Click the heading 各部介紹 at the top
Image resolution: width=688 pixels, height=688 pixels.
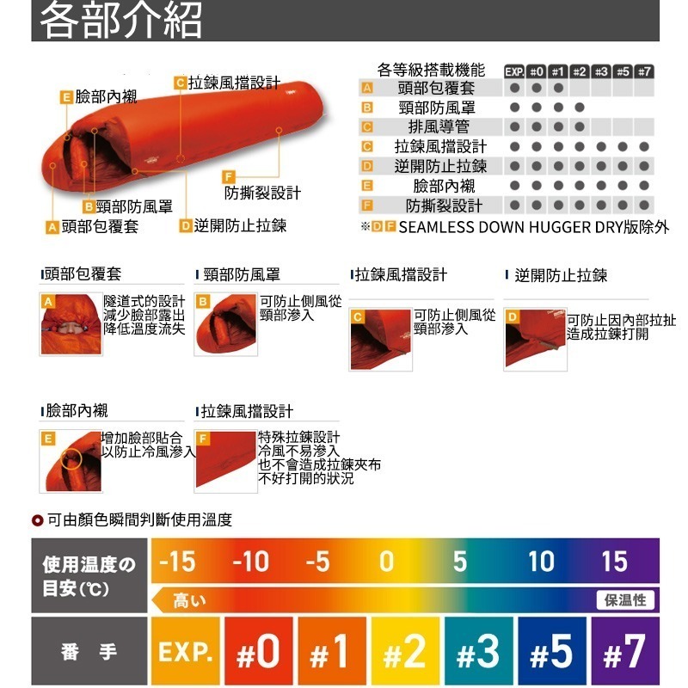click(x=121, y=20)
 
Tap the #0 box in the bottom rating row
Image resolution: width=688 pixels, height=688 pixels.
click(x=256, y=652)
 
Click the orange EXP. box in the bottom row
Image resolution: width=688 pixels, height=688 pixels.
click(x=185, y=652)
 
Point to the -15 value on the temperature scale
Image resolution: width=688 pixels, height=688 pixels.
click(x=178, y=562)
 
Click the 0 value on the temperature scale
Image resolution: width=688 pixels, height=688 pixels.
click(x=387, y=562)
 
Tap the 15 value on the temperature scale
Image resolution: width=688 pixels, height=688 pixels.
click(x=614, y=562)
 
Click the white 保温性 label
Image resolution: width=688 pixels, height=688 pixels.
click(x=626, y=600)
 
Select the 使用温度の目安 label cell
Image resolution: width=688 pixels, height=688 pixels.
click(x=89, y=576)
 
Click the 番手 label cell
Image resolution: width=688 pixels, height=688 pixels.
click(x=89, y=652)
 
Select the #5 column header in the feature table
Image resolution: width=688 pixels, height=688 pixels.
click(x=623, y=71)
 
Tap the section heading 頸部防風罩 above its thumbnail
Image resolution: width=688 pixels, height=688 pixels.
click(x=242, y=275)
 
